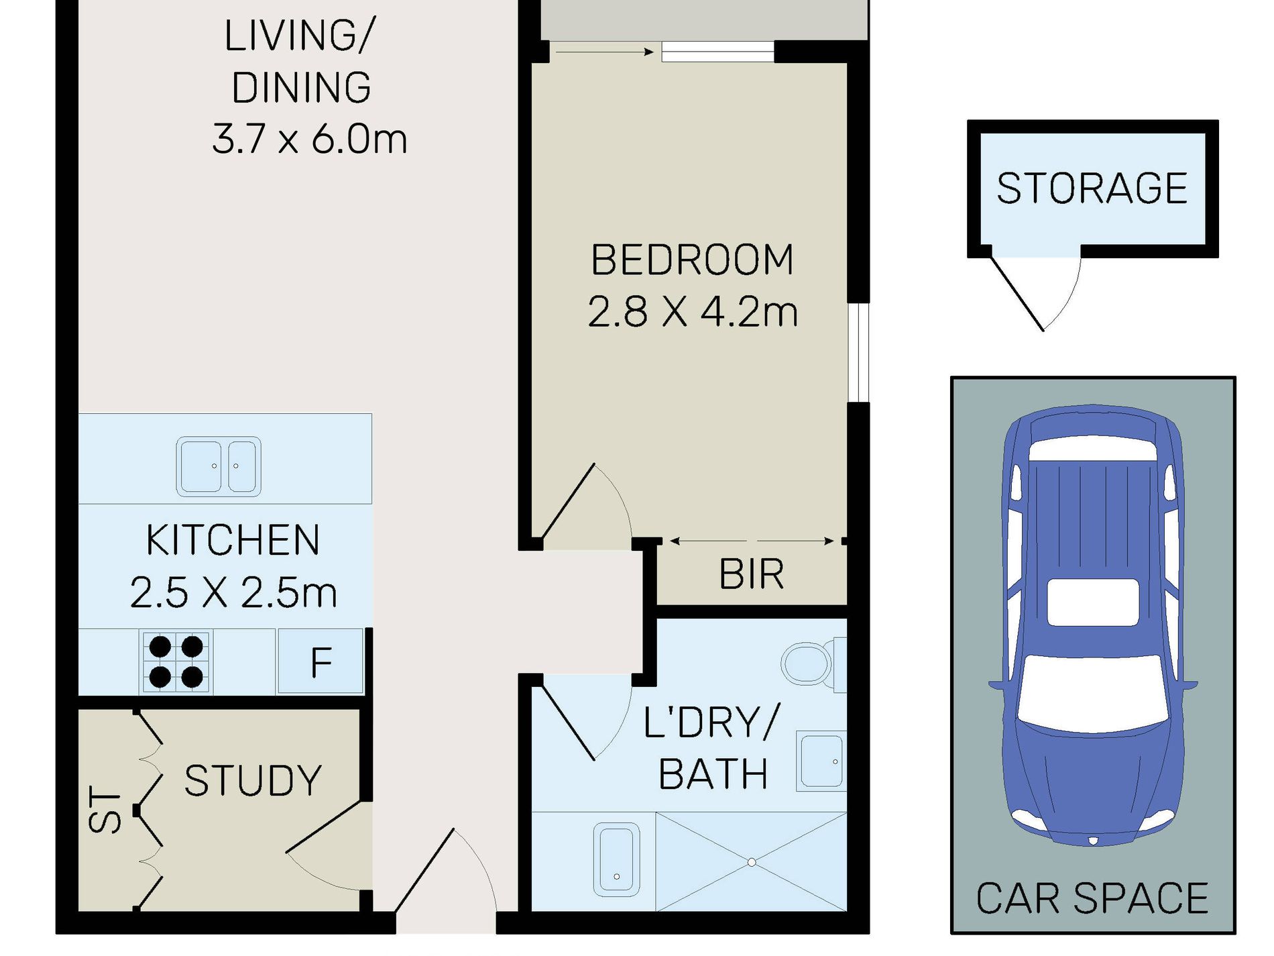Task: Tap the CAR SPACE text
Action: tap(1092, 898)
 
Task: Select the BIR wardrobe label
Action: tap(751, 574)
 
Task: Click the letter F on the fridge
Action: tap(321, 662)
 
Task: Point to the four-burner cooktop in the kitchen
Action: tap(176, 662)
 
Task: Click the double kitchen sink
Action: tap(219, 466)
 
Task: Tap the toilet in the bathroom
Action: tap(813, 663)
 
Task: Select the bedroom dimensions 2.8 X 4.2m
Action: tap(693, 312)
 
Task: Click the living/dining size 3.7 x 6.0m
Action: tap(309, 139)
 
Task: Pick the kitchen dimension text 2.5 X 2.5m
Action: tap(233, 592)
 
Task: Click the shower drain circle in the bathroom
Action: tap(752, 862)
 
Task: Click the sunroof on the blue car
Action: tap(1093, 602)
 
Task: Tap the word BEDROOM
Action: tap(692, 260)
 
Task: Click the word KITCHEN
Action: tap(233, 540)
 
